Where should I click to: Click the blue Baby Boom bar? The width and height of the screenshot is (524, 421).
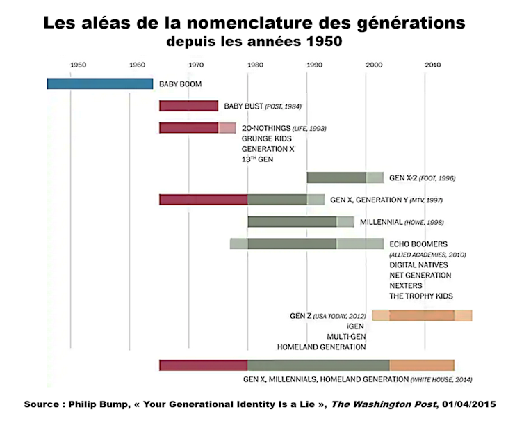[99, 84]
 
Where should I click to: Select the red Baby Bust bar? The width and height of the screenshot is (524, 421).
[188, 106]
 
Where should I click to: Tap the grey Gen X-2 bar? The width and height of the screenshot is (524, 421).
[336, 177]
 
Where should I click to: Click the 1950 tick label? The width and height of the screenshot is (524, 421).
[79, 65]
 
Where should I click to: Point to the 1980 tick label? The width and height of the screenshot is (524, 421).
[255, 65]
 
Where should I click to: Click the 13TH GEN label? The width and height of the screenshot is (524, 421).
[259, 159]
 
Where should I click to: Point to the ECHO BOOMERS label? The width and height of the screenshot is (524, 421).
[418, 244]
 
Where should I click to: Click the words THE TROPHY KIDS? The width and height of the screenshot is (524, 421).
[421, 296]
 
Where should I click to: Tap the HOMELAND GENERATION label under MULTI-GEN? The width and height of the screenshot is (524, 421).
[321, 347]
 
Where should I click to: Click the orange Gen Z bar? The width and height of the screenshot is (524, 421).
[422, 315]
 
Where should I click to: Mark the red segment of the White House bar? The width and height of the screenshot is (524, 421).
[204, 365]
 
